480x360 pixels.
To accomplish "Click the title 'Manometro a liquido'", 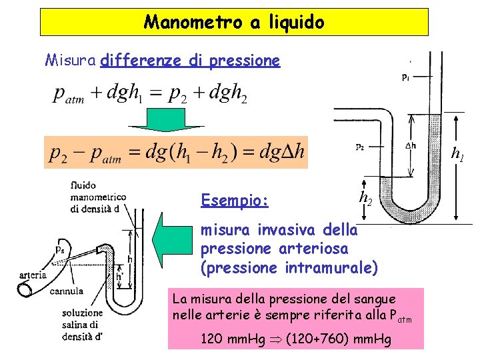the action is (234, 23).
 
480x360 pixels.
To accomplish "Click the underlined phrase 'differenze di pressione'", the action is (190, 61).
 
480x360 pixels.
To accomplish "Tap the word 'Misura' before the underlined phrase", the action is (71, 61).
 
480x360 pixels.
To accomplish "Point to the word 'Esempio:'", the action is (235, 200).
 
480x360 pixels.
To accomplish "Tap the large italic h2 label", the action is (365, 197).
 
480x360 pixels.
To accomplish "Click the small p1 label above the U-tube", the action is (406, 77).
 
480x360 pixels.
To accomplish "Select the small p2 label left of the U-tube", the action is (360, 147).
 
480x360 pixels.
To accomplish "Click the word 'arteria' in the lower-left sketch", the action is (33, 274).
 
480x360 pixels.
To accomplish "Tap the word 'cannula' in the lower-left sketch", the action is (67, 291).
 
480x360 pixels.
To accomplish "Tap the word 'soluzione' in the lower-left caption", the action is (83, 313).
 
